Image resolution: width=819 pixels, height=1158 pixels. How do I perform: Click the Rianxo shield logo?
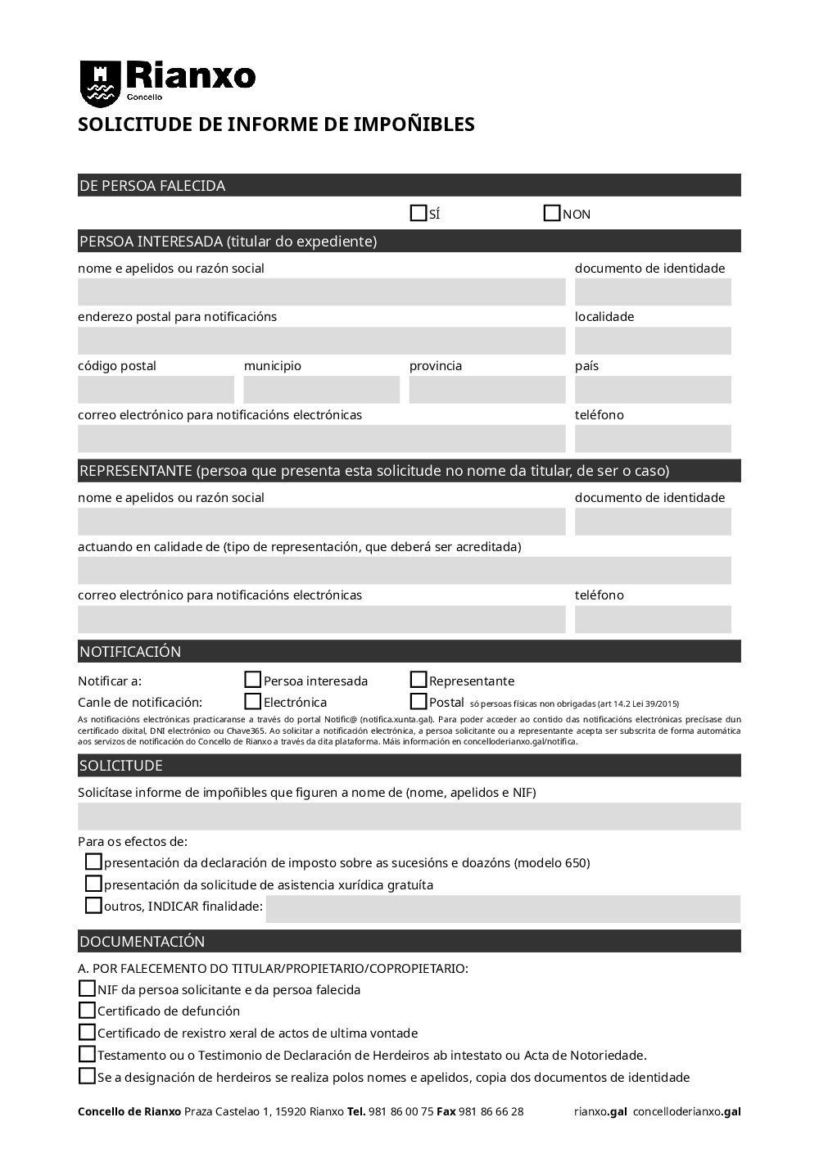[x=100, y=84]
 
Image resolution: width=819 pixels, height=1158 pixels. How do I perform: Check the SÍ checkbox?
[x=419, y=214]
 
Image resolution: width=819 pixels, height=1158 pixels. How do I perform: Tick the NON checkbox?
[x=552, y=214]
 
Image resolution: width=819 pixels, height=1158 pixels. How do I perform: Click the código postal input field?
[x=156, y=390]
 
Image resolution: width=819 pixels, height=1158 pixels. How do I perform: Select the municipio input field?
[x=321, y=390]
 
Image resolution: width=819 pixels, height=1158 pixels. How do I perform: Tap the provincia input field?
[x=487, y=390]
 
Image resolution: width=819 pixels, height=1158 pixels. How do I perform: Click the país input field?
[x=653, y=390]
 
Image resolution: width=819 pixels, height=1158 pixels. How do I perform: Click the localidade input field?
[x=653, y=341]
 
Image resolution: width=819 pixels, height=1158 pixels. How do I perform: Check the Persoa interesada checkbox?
[x=253, y=680]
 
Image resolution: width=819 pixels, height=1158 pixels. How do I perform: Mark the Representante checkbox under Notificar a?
[x=419, y=680]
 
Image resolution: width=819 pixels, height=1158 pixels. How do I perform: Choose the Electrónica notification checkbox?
[x=253, y=701]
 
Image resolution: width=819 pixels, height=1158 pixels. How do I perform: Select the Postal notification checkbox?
[x=419, y=701]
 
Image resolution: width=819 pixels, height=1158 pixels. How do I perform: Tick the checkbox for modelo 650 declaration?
[x=94, y=862]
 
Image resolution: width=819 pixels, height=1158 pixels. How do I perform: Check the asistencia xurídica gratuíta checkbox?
[x=94, y=884]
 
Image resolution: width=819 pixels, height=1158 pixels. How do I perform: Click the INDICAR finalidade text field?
[x=503, y=909]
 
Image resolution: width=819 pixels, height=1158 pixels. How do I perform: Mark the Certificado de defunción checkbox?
[x=87, y=1011]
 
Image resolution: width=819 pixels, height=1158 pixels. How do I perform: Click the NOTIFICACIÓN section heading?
[x=130, y=652]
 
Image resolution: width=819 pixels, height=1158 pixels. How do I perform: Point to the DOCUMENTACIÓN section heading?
[x=143, y=942]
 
